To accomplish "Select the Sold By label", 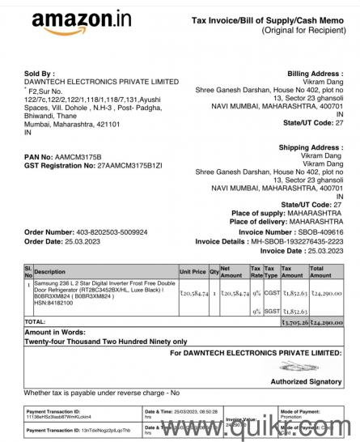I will click(x=41, y=73).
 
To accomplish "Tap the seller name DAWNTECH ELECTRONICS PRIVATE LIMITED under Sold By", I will click(x=102, y=82).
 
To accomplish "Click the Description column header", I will click(x=50, y=272).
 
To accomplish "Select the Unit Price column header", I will click(x=193, y=272).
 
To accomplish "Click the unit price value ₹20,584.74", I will click(x=194, y=293).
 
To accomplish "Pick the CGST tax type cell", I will click(x=271, y=293).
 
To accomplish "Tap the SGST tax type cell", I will click(x=271, y=311).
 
